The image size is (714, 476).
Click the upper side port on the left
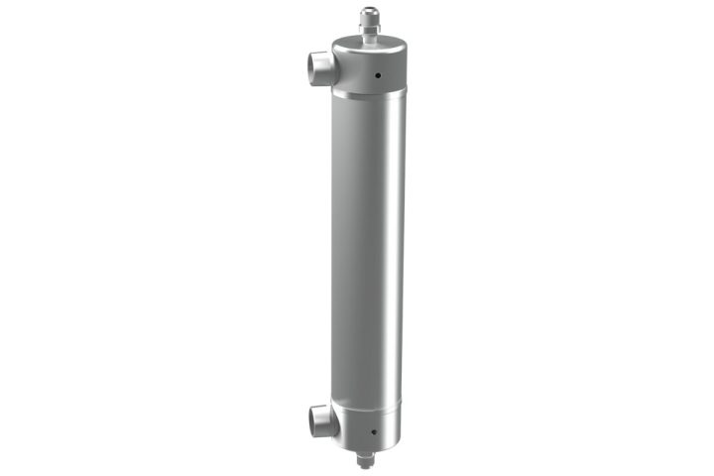pyautogui.click(x=320, y=67)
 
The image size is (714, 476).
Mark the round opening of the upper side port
pyautogui.click(x=311, y=67)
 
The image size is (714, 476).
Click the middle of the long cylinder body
pyautogui.click(x=368, y=248)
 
